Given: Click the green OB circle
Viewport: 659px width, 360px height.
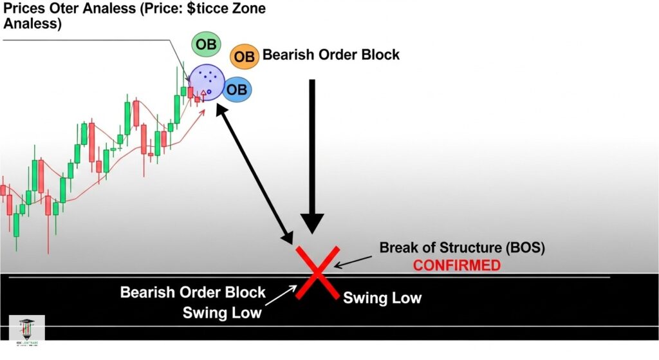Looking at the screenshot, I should [x=206, y=44].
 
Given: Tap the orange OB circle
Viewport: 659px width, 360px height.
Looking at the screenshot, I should [x=245, y=57].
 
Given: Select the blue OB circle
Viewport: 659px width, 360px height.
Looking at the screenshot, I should [x=237, y=90].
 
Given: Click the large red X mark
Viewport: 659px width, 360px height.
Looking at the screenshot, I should [x=317, y=273].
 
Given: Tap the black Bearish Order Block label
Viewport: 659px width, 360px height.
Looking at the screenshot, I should [x=331, y=55].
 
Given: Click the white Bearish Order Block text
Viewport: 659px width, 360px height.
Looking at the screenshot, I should [x=193, y=292].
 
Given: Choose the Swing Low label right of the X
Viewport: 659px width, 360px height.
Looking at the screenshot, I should [x=382, y=298].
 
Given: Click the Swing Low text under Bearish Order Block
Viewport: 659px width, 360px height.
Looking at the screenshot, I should [x=222, y=313].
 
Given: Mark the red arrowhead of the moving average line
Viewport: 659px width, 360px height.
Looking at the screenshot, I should [x=203, y=111].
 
